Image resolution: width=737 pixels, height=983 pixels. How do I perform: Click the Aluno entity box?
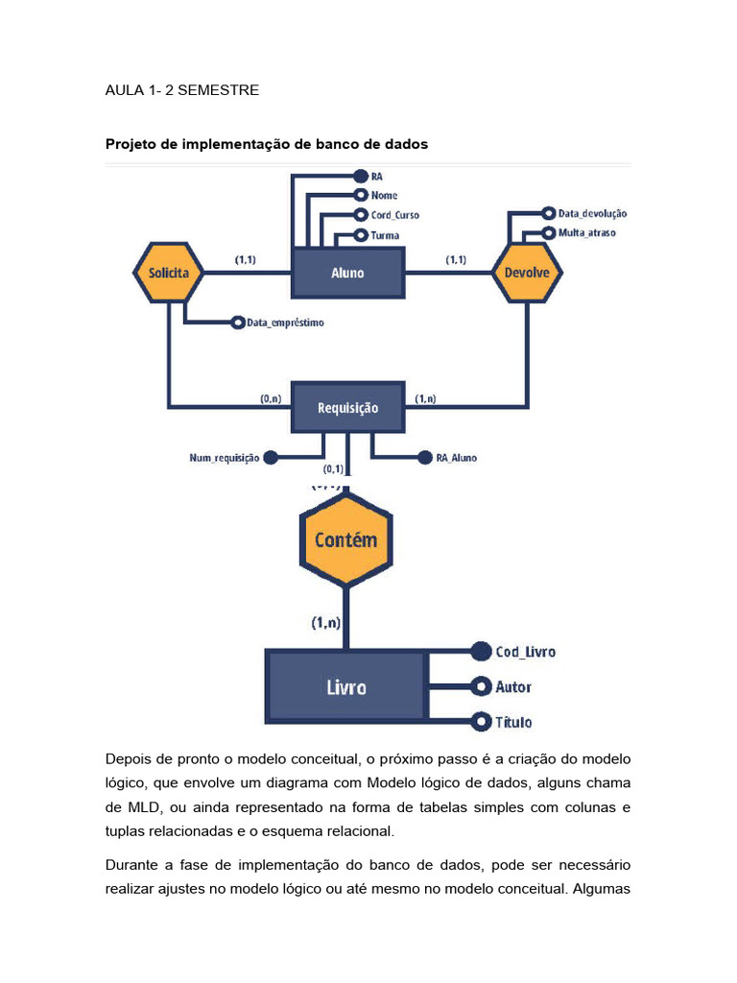click(x=347, y=273)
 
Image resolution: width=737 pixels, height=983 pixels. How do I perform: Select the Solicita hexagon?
click(x=169, y=273)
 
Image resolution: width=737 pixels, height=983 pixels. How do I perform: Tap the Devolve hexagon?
click(x=527, y=273)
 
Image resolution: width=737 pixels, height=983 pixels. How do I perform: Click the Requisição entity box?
click(x=347, y=407)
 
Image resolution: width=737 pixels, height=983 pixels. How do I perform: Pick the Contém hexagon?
click(x=345, y=539)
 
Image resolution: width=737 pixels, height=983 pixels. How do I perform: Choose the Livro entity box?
click(x=346, y=687)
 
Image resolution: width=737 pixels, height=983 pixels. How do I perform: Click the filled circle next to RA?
click(x=361, y=177)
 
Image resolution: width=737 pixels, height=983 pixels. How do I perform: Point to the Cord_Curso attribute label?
click(x=394, y=215)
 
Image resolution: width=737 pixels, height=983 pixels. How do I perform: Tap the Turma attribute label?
click(x=385, y=236)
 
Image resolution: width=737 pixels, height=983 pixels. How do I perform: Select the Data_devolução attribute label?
click(x=592, y=214)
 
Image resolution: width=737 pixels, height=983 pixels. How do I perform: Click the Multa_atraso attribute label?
click(x=587, y=232)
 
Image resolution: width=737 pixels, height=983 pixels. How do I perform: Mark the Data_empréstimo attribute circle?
click(x=238, y=323)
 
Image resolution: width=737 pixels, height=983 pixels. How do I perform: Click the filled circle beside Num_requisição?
click(x=271, y=458)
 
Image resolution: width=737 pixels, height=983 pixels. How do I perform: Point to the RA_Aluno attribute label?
click(x=456, y=458)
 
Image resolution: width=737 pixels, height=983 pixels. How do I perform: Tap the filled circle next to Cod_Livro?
click(x=481, y=652)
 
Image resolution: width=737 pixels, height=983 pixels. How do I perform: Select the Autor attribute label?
click(x=513, y=687)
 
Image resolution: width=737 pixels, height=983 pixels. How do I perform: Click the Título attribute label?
click(x=513, y=722)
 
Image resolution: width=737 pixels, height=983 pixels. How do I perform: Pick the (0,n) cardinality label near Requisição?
click(x=271, y=398)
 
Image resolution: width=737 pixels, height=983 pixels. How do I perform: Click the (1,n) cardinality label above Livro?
click(x=326, y=622)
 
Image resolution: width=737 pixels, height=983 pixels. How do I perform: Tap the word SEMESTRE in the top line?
click(x=218, y=90)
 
